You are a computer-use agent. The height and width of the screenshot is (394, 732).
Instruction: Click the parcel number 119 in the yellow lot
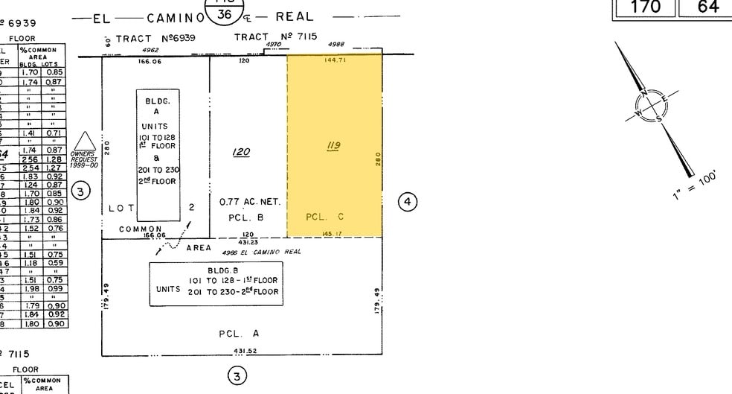pyautogui.click(x=333, y=146)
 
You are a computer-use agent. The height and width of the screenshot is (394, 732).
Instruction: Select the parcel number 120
pyautogui.click(x=241, y=152)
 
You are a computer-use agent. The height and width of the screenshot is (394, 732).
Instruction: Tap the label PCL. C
pyautogui.click(x=324, y=217)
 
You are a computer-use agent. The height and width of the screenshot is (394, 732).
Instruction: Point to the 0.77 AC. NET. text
pyautogui.click(x=248, y=202)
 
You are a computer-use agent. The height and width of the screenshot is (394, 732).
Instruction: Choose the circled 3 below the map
pyautogui.click(x=237, y=376)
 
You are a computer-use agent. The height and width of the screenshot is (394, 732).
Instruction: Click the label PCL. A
pyautogui.click(x=239, y=334)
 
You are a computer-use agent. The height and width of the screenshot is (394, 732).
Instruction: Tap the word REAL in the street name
pyautogui.click(x=295, y=16)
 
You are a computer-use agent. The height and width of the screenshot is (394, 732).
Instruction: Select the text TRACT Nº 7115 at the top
pyautogui.click(x=276, y=36)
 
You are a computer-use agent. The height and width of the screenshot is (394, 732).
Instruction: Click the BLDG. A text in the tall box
pyautogui.click(x=156, y=104)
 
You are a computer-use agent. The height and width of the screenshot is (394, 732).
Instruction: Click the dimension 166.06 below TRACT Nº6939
pyautogui.click(x=150, y=61)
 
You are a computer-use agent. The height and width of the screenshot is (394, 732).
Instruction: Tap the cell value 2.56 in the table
pyautogui.click(x=30, y=159)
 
